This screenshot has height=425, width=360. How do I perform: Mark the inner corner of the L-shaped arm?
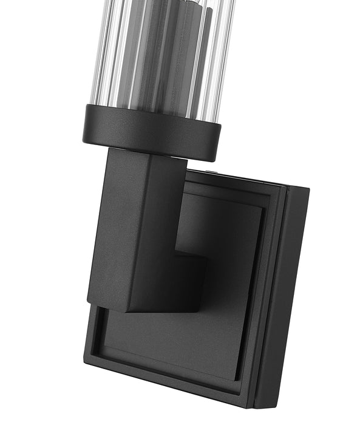tap(177, 249)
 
